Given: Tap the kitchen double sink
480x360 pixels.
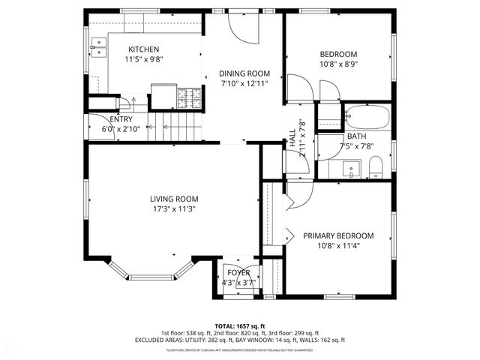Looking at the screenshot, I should point(98,50).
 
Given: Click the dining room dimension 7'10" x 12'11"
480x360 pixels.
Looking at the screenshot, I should point(244,84).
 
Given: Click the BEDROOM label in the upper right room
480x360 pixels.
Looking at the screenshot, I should point(338,54).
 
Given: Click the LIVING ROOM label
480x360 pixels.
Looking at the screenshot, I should point(176,199).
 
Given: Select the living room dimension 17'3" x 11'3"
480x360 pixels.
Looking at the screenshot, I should point(176,209).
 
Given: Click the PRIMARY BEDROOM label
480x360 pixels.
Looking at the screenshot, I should point(337,235).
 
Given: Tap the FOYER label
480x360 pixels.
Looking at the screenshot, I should point(239,272).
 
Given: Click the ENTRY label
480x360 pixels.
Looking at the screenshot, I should point(121,120).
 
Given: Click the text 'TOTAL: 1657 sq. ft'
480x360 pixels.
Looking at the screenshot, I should point(239,326).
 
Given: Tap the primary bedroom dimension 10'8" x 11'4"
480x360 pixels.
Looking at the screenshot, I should point(337,246).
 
